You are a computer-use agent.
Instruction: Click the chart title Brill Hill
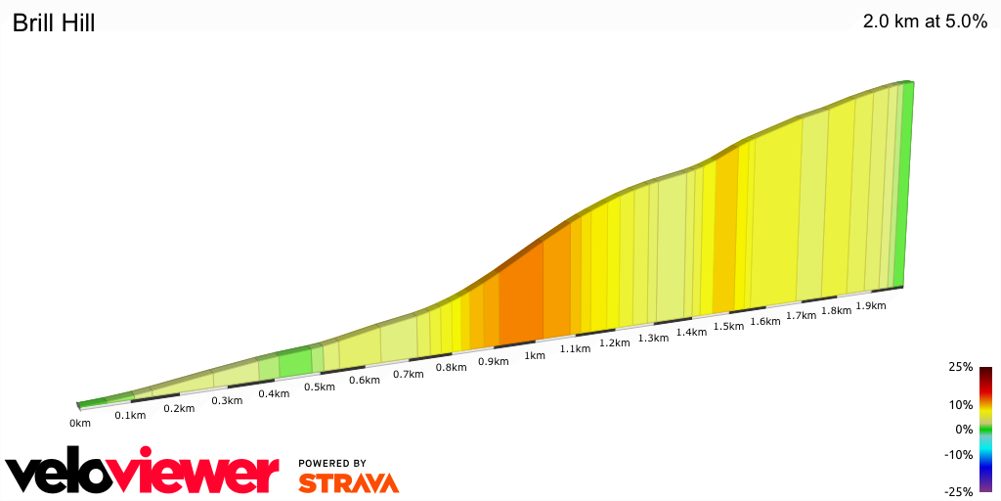(54, 23)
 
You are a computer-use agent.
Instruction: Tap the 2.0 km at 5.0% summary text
(925, 22)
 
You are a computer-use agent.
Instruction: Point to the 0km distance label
(80, 423)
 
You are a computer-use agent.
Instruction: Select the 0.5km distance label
(319, 387)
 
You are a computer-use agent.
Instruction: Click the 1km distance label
(534, 355)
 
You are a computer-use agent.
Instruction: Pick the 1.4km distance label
(691, 332)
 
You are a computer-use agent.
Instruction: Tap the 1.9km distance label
(870, 305)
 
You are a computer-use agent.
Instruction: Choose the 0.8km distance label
(451, 367)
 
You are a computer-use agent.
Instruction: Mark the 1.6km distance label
(765, 321)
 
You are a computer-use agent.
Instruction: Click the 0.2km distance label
(179, 408)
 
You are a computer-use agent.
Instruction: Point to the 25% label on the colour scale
(961, 367)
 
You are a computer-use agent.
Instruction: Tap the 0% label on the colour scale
(964, 429)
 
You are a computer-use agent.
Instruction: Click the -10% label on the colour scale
(959, 454)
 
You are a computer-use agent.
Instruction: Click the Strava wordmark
(348, 482)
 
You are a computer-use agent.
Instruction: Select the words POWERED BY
(332, 463)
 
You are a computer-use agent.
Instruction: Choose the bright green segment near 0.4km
(294, 363)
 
